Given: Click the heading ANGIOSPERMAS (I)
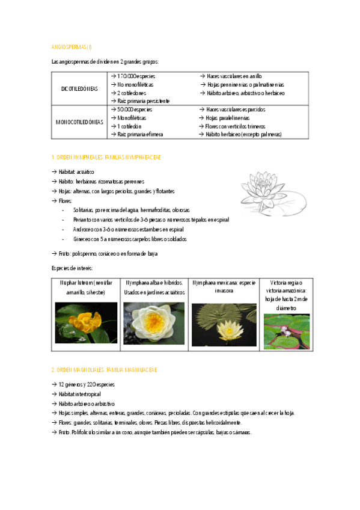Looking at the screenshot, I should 72,46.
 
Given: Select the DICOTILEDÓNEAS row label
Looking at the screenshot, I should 80,88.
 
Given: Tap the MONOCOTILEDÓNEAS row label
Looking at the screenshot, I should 80,121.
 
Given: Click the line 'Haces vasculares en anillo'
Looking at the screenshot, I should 234,76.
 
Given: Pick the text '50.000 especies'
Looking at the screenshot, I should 134,110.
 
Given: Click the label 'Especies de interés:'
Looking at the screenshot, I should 72,268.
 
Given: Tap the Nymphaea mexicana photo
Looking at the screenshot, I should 224,325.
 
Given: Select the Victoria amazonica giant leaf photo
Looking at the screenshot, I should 287,331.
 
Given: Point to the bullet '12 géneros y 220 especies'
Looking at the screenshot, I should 87,384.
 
